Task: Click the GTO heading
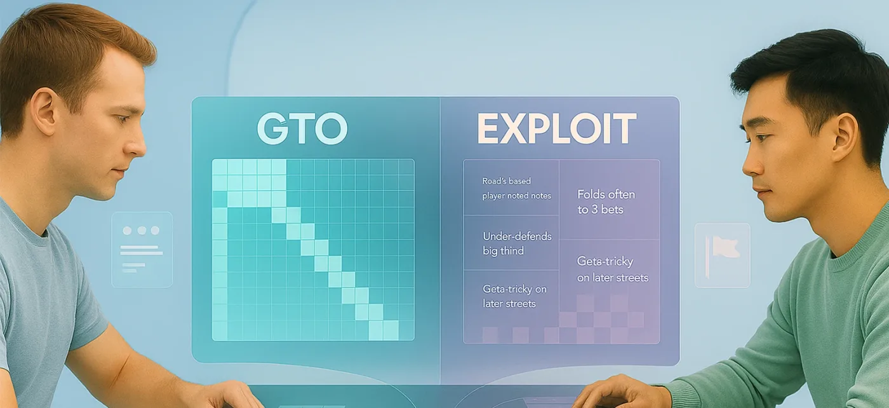coord(302,128)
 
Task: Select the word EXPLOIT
coord(556,129)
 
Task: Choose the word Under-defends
coord(517,236)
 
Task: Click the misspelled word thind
coord(512,251)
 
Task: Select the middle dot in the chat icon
coord(142,231)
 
